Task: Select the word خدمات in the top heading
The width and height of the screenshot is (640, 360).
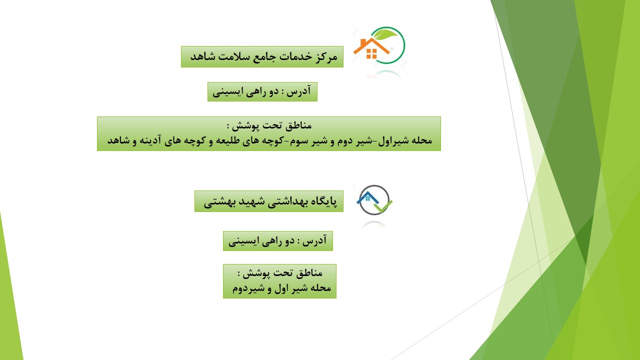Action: tap(295, 56)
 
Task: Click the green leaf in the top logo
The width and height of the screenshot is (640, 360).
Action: tap(385, 35)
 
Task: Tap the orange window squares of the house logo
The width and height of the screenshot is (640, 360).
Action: tap(371, 53)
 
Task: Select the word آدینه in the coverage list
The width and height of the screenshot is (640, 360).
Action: tap(150, 140)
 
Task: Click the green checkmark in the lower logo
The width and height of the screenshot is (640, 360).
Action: tap(383, 207)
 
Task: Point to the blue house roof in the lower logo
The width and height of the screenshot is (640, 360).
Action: tap(367, 197)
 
